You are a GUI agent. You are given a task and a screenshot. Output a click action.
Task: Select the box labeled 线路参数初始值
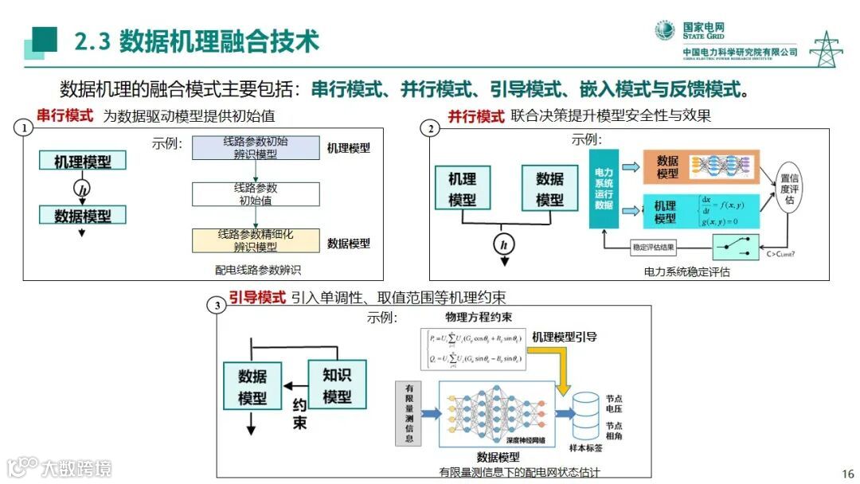[x=256, y=194]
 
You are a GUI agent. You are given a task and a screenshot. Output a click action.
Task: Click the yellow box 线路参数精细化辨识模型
[x=256, y=240]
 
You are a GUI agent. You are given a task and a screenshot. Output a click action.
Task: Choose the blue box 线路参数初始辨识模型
[x=256, y=147]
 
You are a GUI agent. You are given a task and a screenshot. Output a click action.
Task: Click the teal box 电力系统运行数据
[x=604, y=188]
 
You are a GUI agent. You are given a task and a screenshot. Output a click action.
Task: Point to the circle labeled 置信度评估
[x=789, y=189]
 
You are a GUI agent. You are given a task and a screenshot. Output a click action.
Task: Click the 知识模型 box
[x=336, y=384]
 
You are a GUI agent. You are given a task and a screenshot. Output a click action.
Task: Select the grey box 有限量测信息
[x=408, y=413]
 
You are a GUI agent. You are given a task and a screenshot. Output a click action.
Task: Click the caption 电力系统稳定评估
[x=686, y=271]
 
